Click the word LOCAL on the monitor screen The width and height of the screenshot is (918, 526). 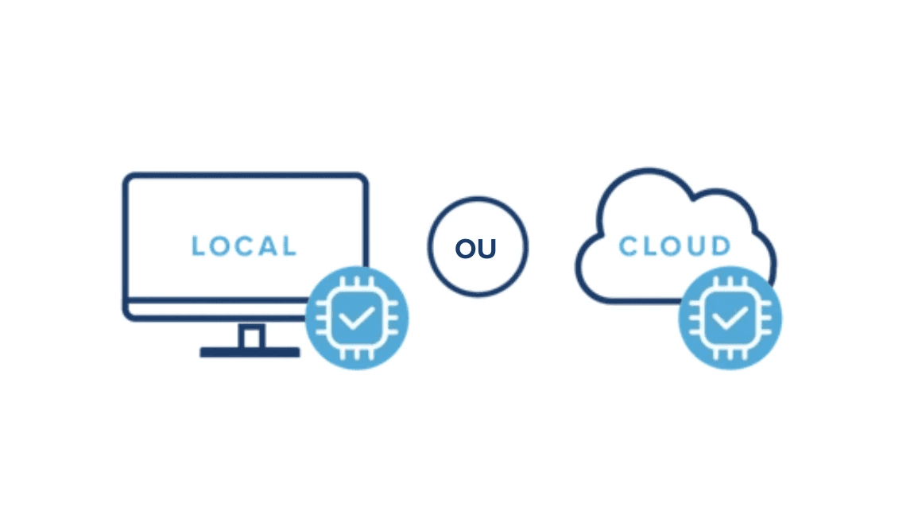pyautogui.click(x=244, y=246)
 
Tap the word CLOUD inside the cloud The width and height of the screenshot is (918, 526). pyautogui.click(x=674, y=246)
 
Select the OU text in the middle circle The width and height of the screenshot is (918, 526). pyautogui.click(x=475, y=249)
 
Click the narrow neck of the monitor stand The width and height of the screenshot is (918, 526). pyautogui.click(x=251, y=336)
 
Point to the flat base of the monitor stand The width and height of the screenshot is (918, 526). pyautogui.click(x=250, y=352)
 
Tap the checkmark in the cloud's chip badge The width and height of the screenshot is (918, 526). pyautogui.click(x=729, y=319)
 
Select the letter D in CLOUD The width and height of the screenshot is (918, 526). pyautogui.click(x=720, y=246)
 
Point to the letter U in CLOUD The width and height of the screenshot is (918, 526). pyautogui.click(x=698, y=246)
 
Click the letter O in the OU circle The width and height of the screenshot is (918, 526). pyautogui.click(x=465, y=249)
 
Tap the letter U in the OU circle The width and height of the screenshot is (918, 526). pyautogui.click(x=486, y=249)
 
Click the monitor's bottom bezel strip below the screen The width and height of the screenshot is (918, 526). pyautogui.click(x=215, y=311)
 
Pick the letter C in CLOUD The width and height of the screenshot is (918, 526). pyautogui.click(x=628, y=246)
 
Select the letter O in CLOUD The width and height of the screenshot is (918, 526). pyautogui.click(x=672, y=246)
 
